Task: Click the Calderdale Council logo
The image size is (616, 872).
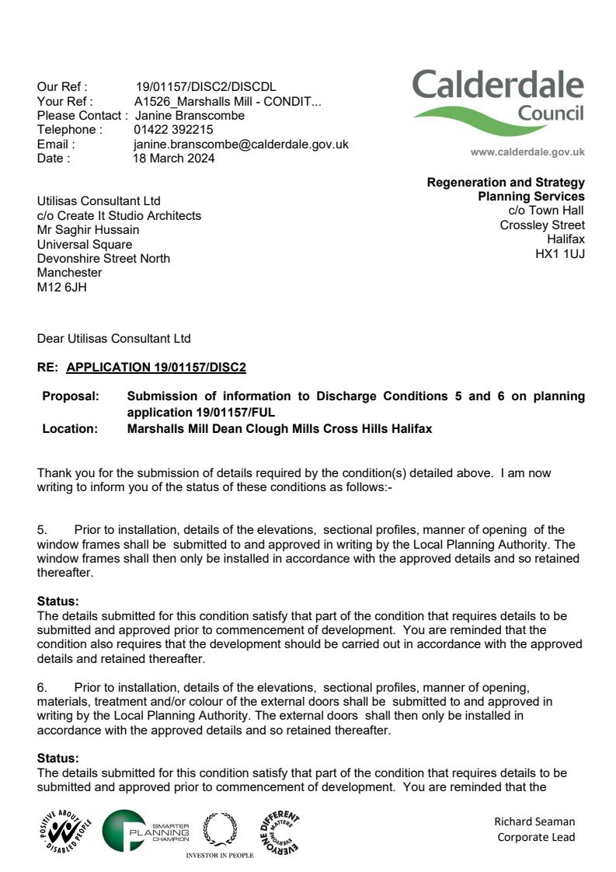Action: pyautogui.click(x=498, y=102)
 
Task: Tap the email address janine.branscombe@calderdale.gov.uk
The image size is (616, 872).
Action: pyautogui.click(x=241, y=144)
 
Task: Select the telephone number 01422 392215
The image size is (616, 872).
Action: pyautogui.click(x=173, y=130)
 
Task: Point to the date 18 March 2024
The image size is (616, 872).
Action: pyautogui.click(x=174, y=158)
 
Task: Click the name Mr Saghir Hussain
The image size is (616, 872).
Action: pyautogui.click(x=89, y=229)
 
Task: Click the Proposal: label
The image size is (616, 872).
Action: pyautogui.click(x=71, y=396)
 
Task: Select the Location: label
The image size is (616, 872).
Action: pyautogui.click(x=70, y=428)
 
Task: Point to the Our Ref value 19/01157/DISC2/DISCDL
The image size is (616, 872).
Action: pyautogui.click(x=205, y=87)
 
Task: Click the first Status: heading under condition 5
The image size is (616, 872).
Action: pyautogui.click(x=58, y=601)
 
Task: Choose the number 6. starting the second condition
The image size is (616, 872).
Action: pyautogui.click(x=43, y=687)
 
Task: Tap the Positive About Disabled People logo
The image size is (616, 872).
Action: pyautogui.click(x=64, y=831)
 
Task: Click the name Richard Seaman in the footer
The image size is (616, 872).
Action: pyautogui.click(x=534, y=821)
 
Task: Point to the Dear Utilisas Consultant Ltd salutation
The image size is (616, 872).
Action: pyautogui.click(x=113, y=338)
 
